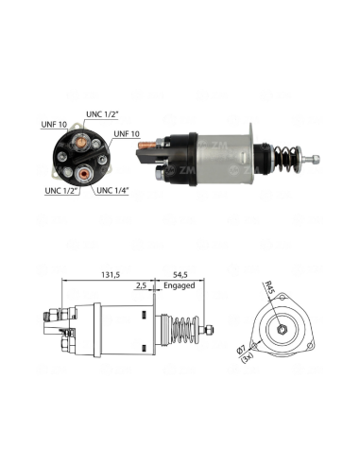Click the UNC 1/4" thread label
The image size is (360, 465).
click(x=112, y=190)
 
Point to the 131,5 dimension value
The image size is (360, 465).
click(x=111, y=275)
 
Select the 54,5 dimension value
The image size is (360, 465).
click(x=180, y=275)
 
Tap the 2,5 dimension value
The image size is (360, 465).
click(x=141, y=285)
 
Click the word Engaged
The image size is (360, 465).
click(x=180, y=286)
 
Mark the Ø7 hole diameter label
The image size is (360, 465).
click(x=241, y=351)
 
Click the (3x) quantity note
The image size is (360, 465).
click(x=247, y=358)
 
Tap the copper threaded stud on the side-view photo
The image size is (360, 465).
click(x=147, y=146)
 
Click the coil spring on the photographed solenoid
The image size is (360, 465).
click(x=286, y=159)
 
